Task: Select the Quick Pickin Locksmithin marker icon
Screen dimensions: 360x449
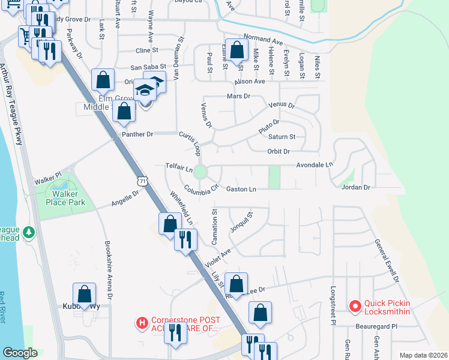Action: point(355,306)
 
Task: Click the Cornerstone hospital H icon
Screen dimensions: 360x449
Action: point(142,323)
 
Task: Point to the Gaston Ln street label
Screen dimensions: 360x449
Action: point(241,190)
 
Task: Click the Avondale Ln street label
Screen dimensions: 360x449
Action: point(314,164)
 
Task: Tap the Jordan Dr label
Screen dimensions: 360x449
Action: point(356,188)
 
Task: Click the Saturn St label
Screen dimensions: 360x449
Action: point(283,137)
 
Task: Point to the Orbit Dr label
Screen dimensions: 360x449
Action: point(279,151)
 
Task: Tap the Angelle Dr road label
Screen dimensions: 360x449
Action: point(125,199)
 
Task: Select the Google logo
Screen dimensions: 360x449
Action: point(20,353)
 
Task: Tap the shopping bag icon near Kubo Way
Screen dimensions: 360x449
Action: point(85,294)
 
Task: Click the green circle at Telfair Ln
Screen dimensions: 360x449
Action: point(200,172)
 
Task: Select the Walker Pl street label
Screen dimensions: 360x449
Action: point(48,178)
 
